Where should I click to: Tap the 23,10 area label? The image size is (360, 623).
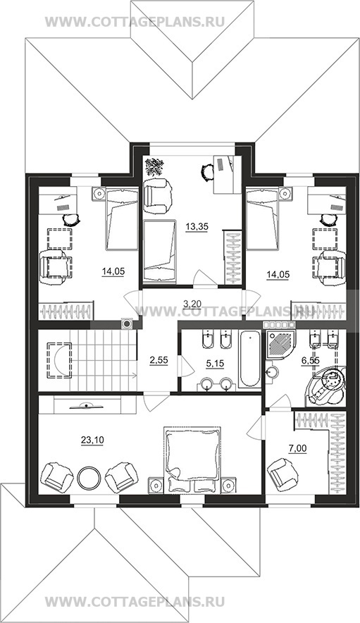pos(92,440)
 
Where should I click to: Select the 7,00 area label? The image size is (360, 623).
pos(297,449)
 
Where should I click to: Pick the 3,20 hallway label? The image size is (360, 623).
pos(192,304)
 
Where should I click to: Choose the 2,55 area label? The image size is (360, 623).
pos(159,360)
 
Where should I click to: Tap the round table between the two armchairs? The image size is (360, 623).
pos(89,478)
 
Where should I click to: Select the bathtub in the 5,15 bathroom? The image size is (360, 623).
pos(250,359)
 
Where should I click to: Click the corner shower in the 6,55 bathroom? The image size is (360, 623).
pos(280,343)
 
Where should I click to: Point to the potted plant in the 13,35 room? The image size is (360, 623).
pos(154,166)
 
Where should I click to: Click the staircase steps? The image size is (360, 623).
pos(103,360)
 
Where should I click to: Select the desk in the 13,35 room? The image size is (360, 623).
pos(228,174)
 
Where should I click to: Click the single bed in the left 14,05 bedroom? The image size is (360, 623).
pos(122,219)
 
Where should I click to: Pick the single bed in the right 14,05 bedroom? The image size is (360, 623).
pos(262,219)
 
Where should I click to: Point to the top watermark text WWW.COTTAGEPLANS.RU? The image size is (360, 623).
pos(135,22)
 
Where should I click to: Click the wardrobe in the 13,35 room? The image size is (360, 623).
pos(233,257)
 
